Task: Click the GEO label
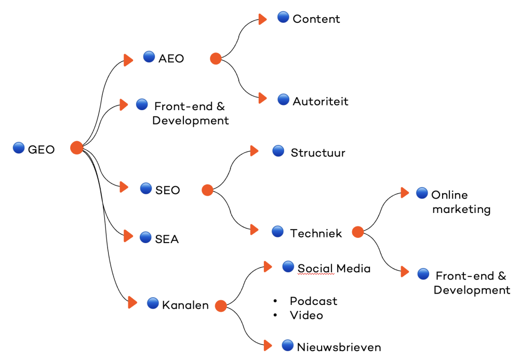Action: (41, 150)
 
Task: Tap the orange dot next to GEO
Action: (77, 148)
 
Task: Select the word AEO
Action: (171, 59)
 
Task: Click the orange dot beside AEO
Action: (216, 59)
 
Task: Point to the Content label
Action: (316, 19)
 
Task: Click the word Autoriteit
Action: (320, 101)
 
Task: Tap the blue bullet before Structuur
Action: (278, 151)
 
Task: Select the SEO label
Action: (167, 190)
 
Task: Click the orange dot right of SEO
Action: (207, 190)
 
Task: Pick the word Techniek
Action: (316, 233)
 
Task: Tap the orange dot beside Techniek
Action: (357, 232)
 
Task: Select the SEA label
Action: (167, 239)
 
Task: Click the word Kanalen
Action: (185, 305)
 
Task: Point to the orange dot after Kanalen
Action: (221, 306)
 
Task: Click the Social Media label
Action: (334, 269)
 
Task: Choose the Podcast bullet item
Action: (313, 301)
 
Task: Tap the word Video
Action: (306, 315)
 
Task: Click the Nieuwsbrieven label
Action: (339, 347)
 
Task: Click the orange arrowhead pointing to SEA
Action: (128, 236)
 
